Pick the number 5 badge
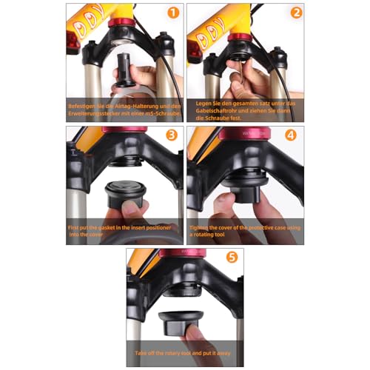tap(232, 258)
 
